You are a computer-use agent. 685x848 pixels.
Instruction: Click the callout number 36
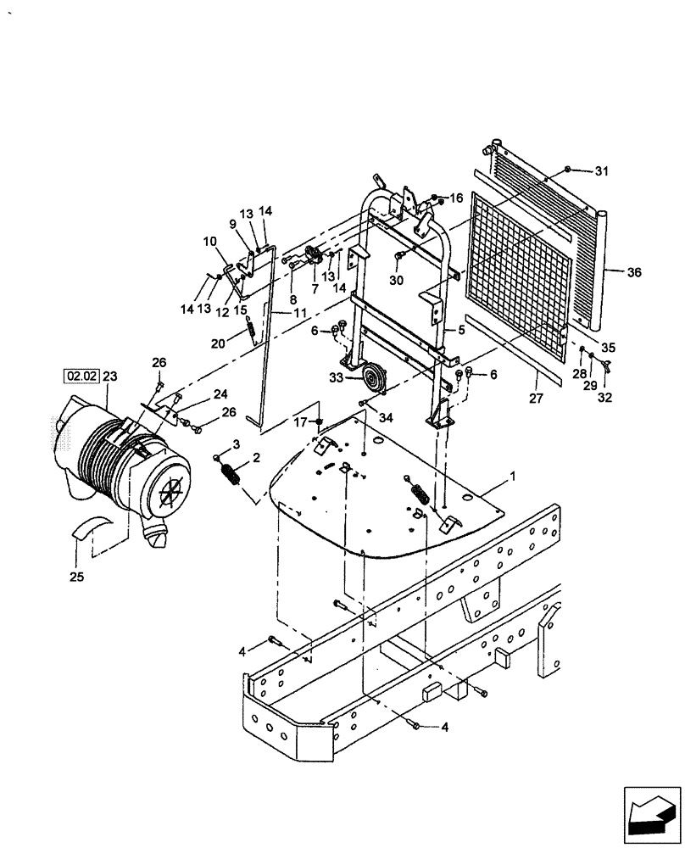(x=635, y=273)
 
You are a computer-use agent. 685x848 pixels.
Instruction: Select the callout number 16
(x=457, y=198)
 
